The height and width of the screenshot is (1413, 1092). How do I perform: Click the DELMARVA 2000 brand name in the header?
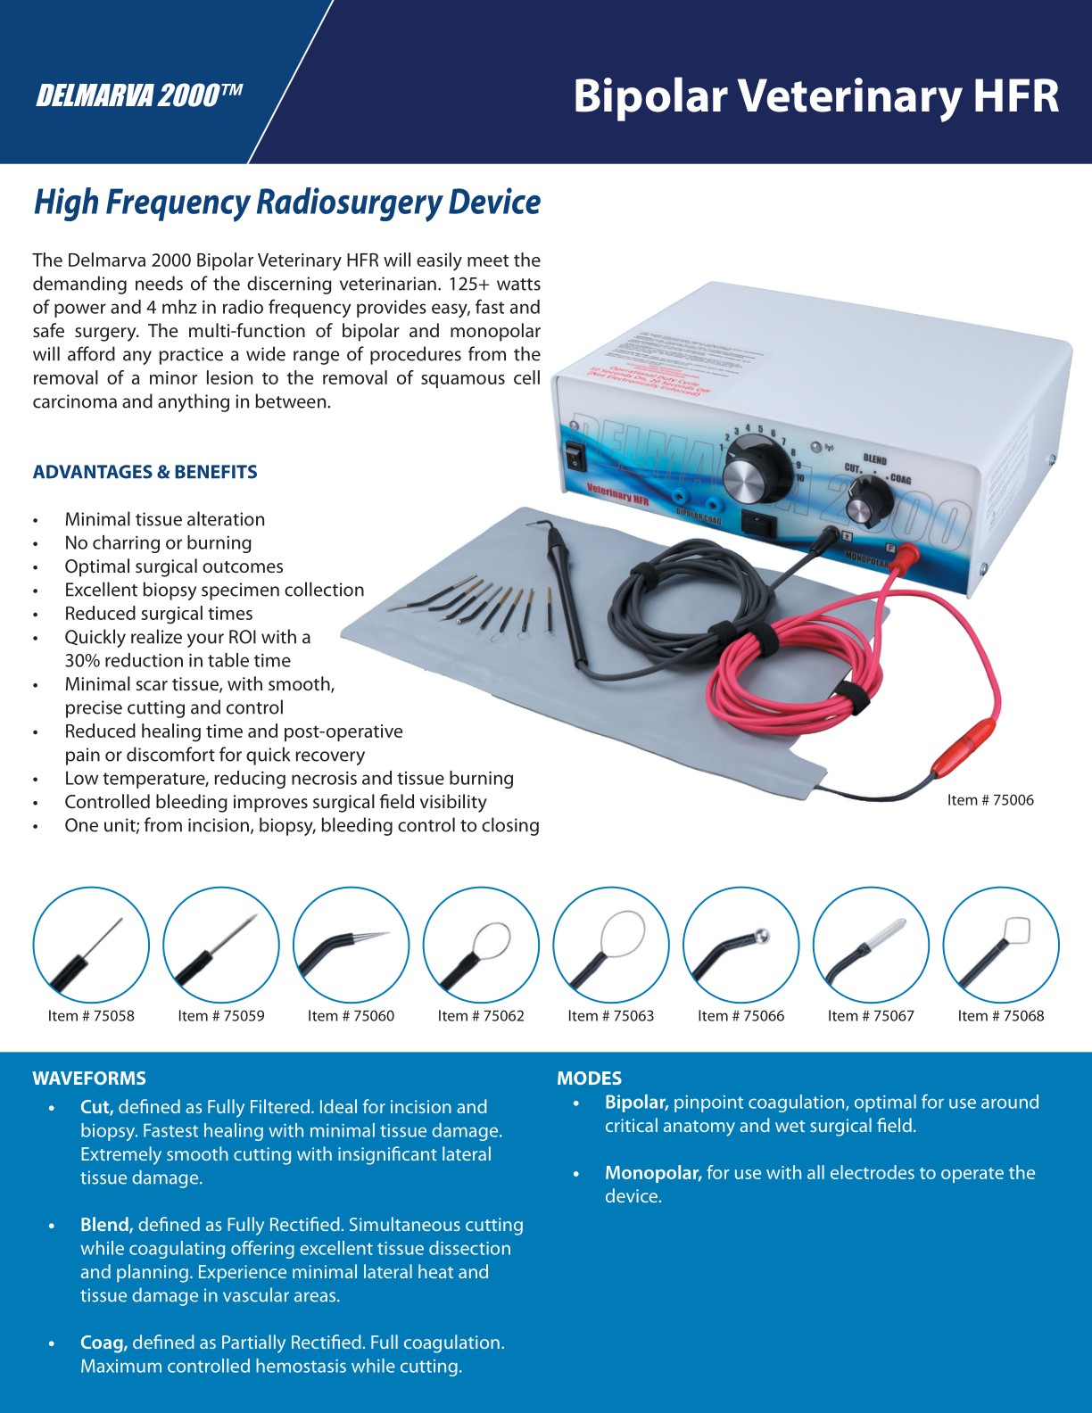[x=138, y=95]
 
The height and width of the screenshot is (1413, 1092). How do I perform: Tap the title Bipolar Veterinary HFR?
[x=815, y=95]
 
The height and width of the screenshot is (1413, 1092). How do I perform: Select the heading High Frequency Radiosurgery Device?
[x=286, y=202]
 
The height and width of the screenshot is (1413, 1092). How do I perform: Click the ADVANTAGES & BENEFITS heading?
[x=145, y=472]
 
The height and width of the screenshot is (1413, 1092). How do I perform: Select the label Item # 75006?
[x=990, y=800]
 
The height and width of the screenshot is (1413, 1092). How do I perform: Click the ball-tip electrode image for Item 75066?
[x=740, y=945]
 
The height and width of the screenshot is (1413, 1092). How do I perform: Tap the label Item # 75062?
[x=481, y=1016]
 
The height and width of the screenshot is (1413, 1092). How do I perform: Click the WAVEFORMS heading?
[x=89, y=1078]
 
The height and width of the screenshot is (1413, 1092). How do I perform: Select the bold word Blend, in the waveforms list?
[x=106, y=1225]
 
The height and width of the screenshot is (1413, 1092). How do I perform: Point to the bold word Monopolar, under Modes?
[x=653, y=1173]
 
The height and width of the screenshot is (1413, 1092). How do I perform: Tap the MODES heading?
[x=589, y=1078]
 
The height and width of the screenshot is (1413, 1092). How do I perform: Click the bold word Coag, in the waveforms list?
[x=103, y=1343]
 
